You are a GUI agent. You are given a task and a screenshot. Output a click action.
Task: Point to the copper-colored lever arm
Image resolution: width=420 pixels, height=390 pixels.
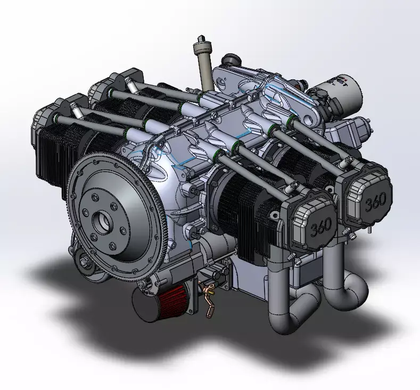pyautogui.click(x=208, y=299)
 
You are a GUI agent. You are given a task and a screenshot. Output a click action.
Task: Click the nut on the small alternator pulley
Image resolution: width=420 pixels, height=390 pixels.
pyautogui.click(x=85, y=262)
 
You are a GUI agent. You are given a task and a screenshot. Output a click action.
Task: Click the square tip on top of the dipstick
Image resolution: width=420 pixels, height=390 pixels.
pyautogui.click(x=201, y=38)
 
